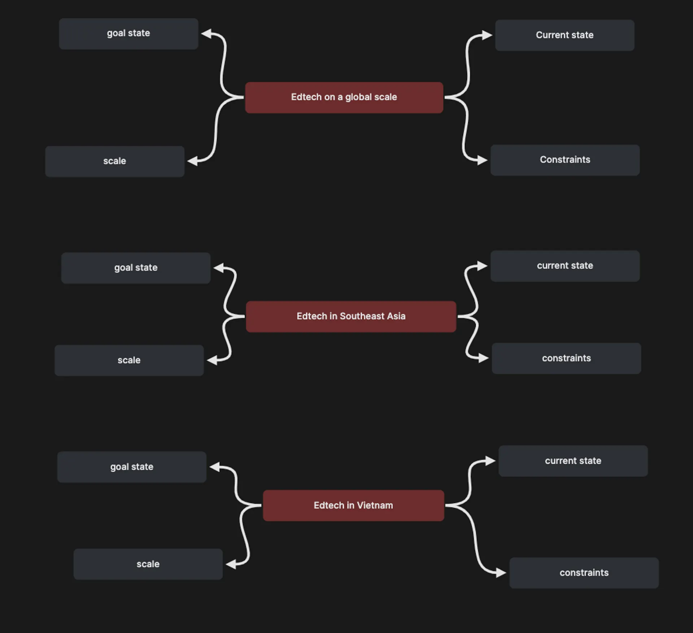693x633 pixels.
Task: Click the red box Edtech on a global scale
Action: (x=344, y=97)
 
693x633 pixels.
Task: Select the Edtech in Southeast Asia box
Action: (x=351, y=316)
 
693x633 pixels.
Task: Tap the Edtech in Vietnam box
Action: (x=353, y=505)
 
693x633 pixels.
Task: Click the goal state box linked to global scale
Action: (x=128, y=34)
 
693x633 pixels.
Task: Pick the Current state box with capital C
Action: (x=565, y=35)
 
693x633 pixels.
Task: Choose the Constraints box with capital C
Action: (x=565, y=160)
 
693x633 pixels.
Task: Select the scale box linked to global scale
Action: (x=115, y=161)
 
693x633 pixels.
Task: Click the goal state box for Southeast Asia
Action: (x=136, y=268)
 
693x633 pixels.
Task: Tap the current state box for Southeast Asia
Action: (x=565, y=266)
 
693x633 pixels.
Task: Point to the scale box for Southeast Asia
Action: (x=129, y=360)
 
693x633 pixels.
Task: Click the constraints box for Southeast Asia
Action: (x=566, y=358)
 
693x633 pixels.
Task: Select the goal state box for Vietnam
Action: (x=132, y=467)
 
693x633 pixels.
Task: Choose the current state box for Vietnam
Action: (x=573, y=461)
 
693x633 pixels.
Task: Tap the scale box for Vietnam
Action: (x=148, y=564)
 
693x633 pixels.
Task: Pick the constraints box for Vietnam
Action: (x=584, y=573)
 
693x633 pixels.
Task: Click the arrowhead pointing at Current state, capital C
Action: (x=487, y=35)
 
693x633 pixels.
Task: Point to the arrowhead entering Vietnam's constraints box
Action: (x=501, y=573)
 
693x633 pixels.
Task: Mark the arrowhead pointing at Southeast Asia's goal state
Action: (x=219, y=268)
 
